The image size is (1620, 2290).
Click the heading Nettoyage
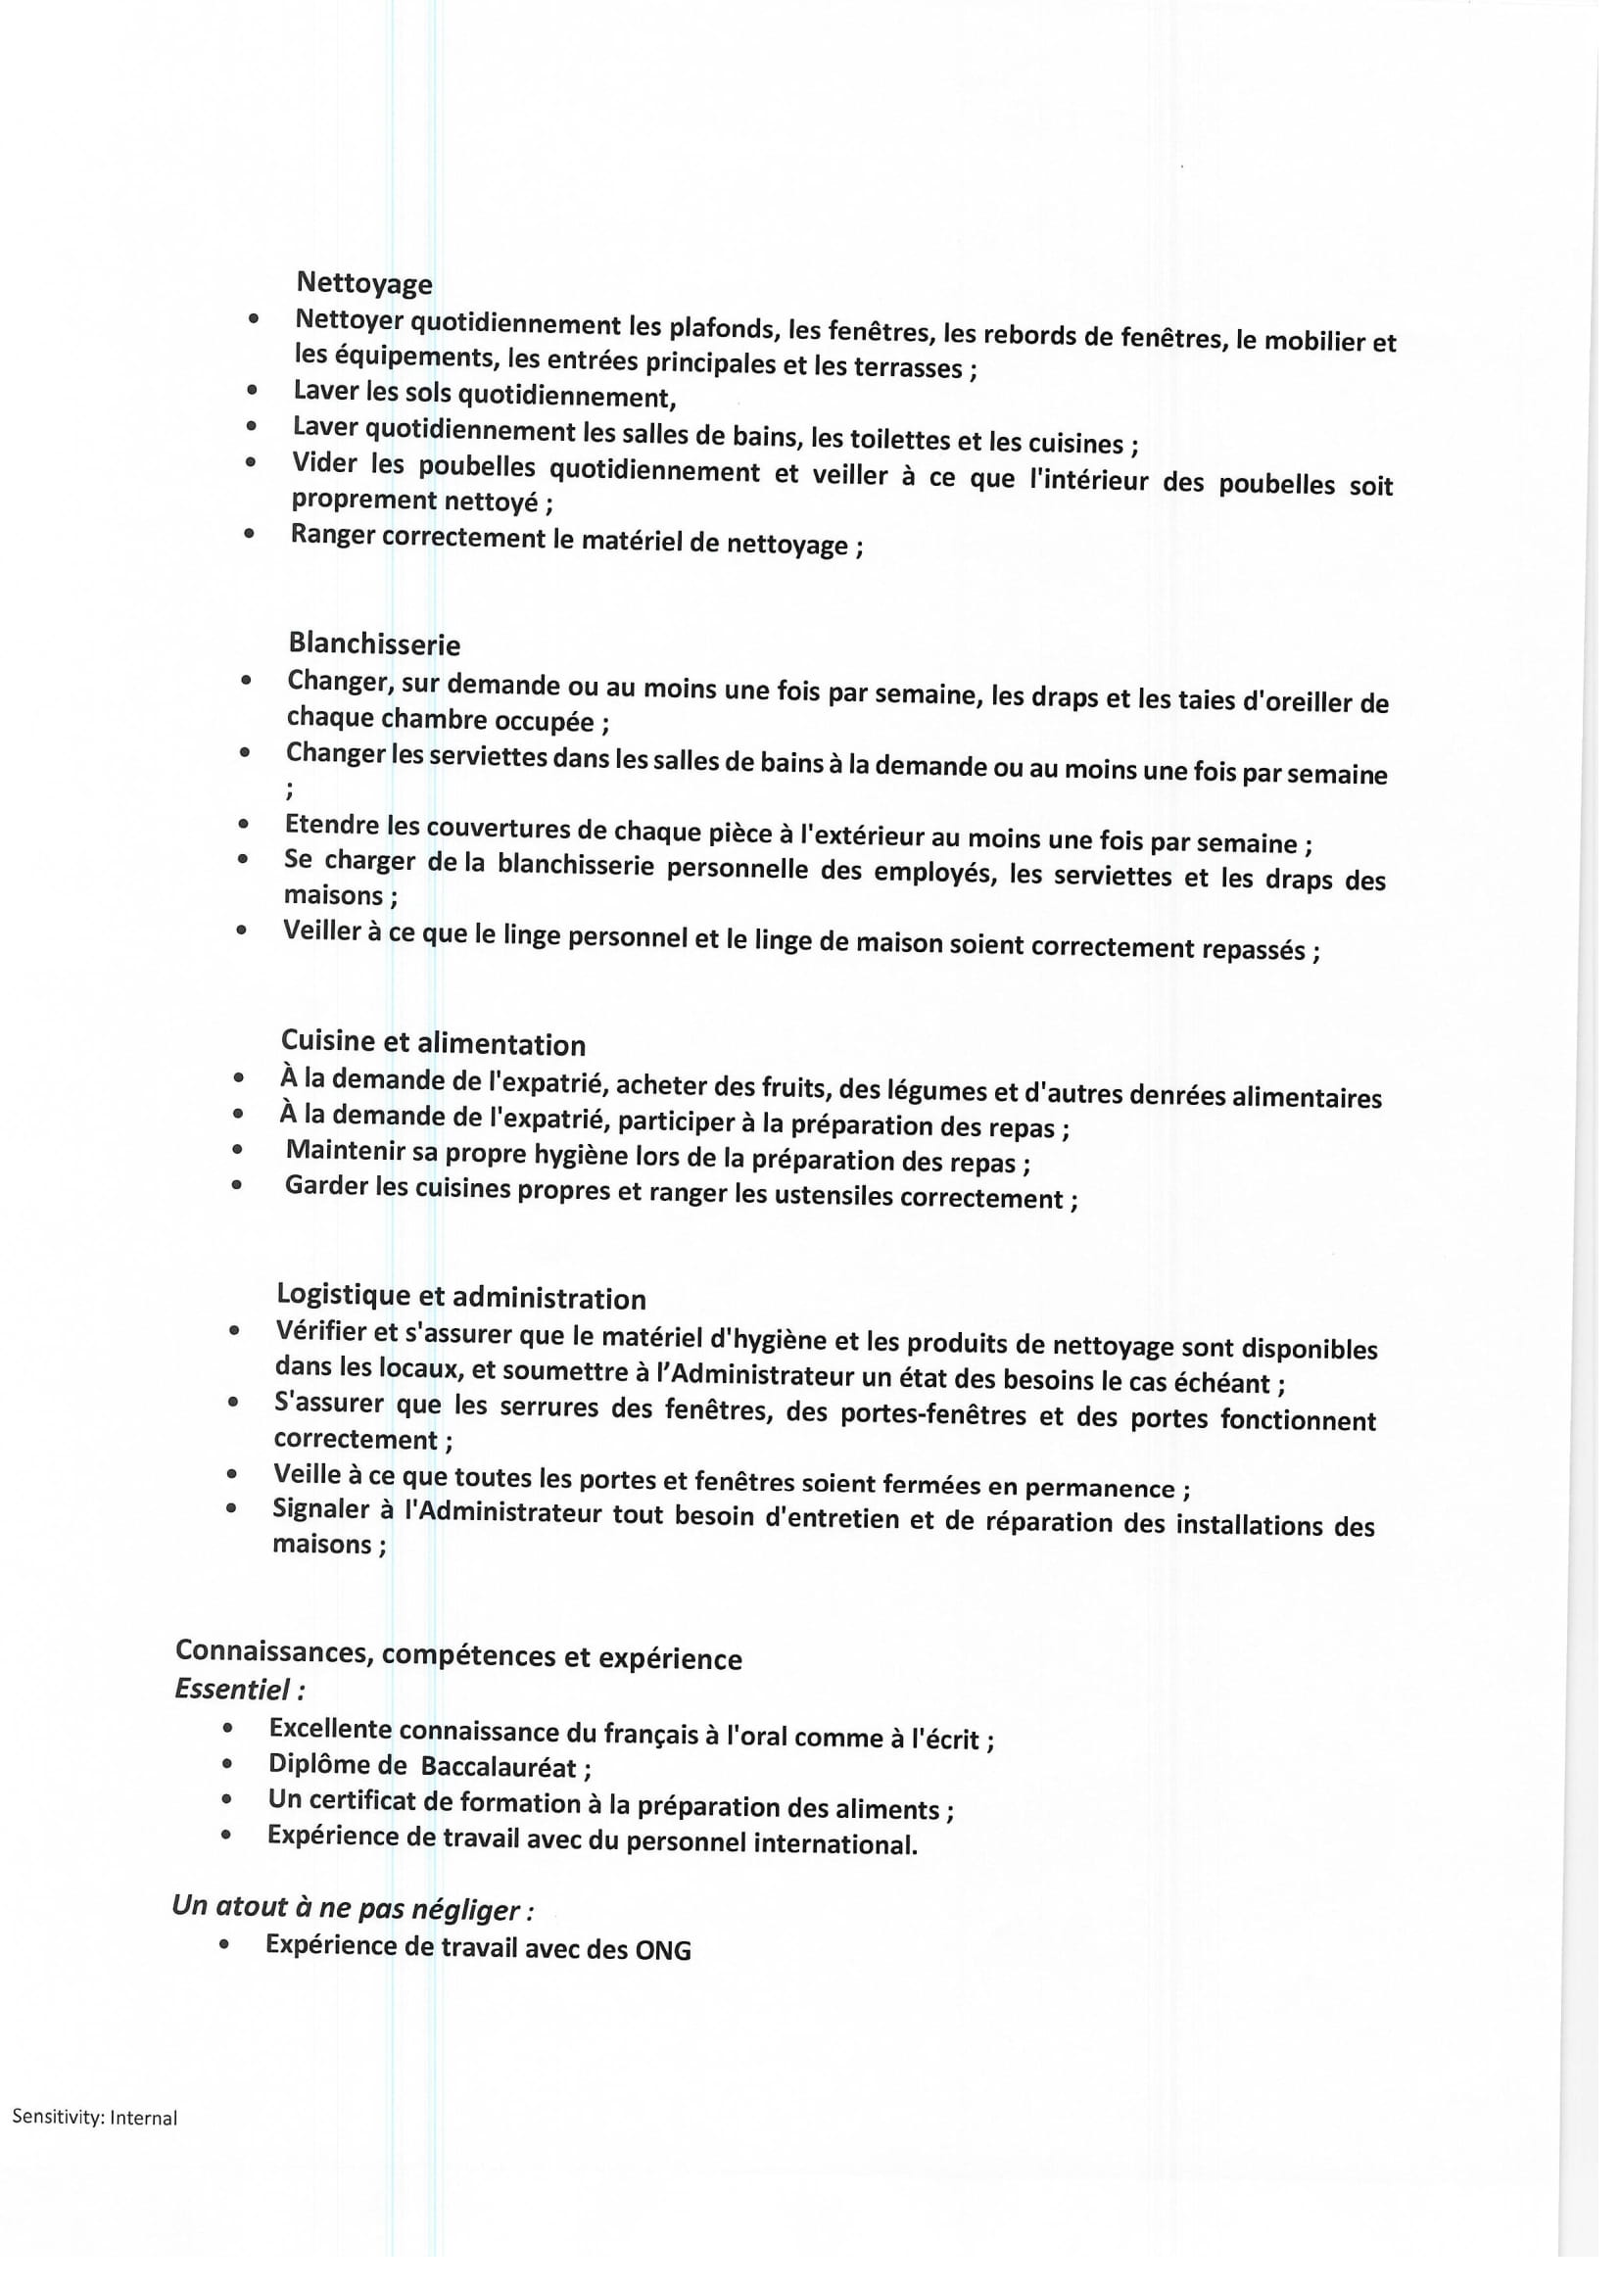point(364,283)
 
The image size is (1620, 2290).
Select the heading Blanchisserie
point(374,644)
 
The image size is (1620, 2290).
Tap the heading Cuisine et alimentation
point(433,1043)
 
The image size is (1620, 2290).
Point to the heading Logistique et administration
point(461,1297)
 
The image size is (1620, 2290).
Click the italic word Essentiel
point(233,1690)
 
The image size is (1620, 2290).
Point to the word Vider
point(324,464)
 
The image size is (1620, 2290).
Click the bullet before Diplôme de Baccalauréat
point(227,1764)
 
